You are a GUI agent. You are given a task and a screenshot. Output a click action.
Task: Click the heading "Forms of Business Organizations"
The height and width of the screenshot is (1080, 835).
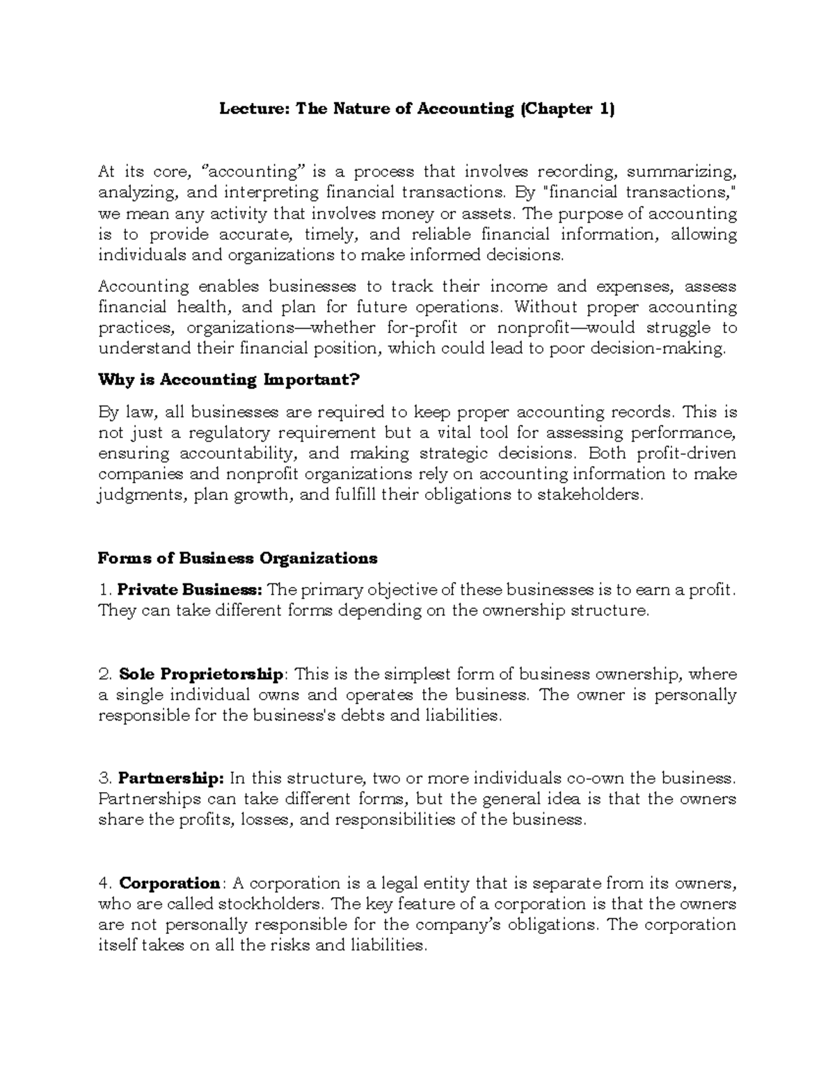[238, 558]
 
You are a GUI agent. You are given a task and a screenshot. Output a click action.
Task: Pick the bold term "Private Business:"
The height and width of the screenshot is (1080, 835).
[190, 590]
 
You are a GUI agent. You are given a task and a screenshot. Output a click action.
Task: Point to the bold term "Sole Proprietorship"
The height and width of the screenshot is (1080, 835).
[201, 675]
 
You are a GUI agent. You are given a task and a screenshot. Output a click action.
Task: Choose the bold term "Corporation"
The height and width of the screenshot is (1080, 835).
[170, 883]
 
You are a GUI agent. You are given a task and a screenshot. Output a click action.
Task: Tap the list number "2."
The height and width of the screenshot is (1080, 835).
[105, 675]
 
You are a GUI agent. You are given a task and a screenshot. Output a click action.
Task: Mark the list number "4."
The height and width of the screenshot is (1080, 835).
[105, 883]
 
